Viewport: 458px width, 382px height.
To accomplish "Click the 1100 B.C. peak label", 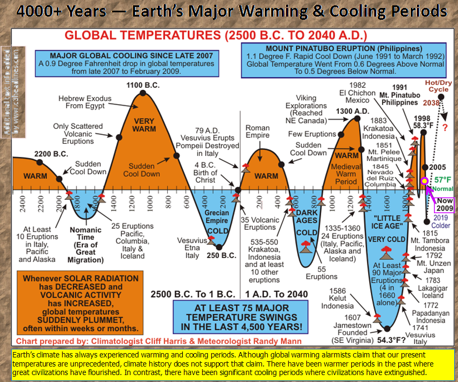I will tap(142, 85).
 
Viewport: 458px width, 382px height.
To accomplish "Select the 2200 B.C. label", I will tap(50, 154).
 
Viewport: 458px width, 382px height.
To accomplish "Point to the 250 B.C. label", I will tap(221, 255).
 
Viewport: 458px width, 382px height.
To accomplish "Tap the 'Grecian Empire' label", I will tap(217, 218).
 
